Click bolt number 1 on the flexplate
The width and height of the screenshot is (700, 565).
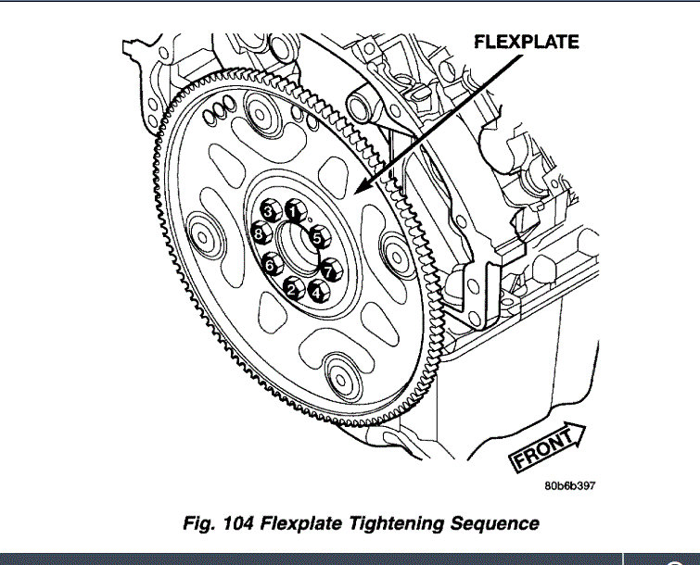[x=294, y=211]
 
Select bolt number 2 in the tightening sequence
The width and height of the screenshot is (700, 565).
[x=291, y=288]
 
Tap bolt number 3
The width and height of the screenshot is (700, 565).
[x=269, y=212]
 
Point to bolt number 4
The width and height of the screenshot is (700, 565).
[x=317, y=292]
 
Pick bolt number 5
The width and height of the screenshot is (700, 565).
[x=317, y=237]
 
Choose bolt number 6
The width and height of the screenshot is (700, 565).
[x=270, y=265]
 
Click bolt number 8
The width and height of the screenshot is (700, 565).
[x=260, y=236]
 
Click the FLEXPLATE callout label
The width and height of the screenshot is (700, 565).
[x=526, y=43]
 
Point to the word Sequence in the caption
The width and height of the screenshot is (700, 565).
[x=490, y=523]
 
